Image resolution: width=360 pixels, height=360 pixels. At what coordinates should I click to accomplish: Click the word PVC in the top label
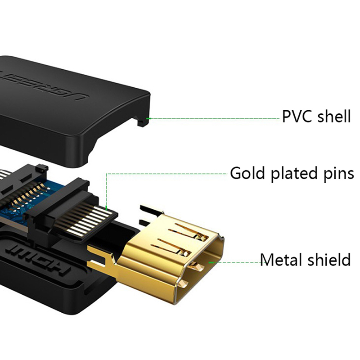click(x=298, y=117)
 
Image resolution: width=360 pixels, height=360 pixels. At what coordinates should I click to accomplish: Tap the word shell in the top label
click(x=333, y=117)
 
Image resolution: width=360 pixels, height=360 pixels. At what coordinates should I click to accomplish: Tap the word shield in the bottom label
click(x=327, y=260)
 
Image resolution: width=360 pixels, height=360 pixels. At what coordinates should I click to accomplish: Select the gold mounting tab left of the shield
click(x=101, y=259)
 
